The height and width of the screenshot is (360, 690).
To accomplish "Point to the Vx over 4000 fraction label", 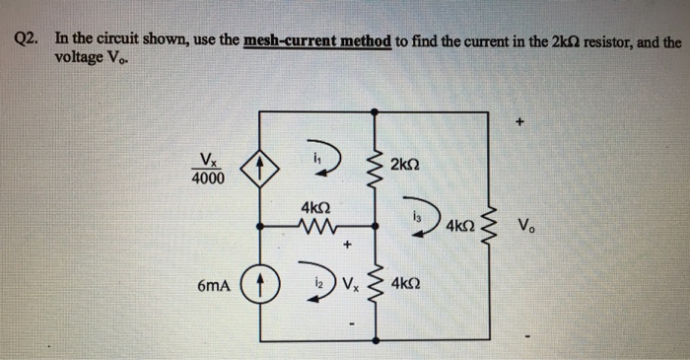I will point(208,170).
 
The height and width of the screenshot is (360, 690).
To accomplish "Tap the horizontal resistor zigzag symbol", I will point(315,228).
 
